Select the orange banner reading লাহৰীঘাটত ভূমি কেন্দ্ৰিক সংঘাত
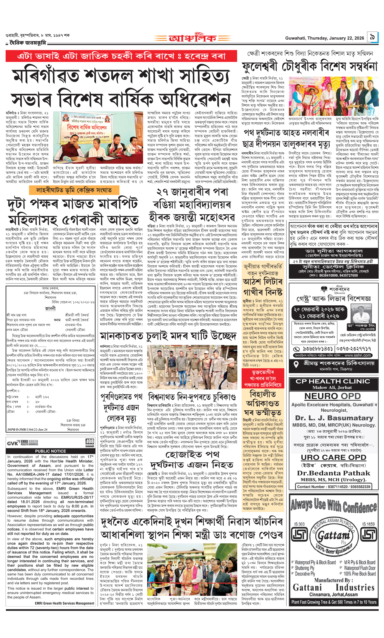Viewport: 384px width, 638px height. click(74, 190)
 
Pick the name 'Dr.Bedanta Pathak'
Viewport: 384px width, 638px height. click(334, 473)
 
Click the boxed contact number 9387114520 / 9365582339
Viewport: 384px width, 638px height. click(334, 486)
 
